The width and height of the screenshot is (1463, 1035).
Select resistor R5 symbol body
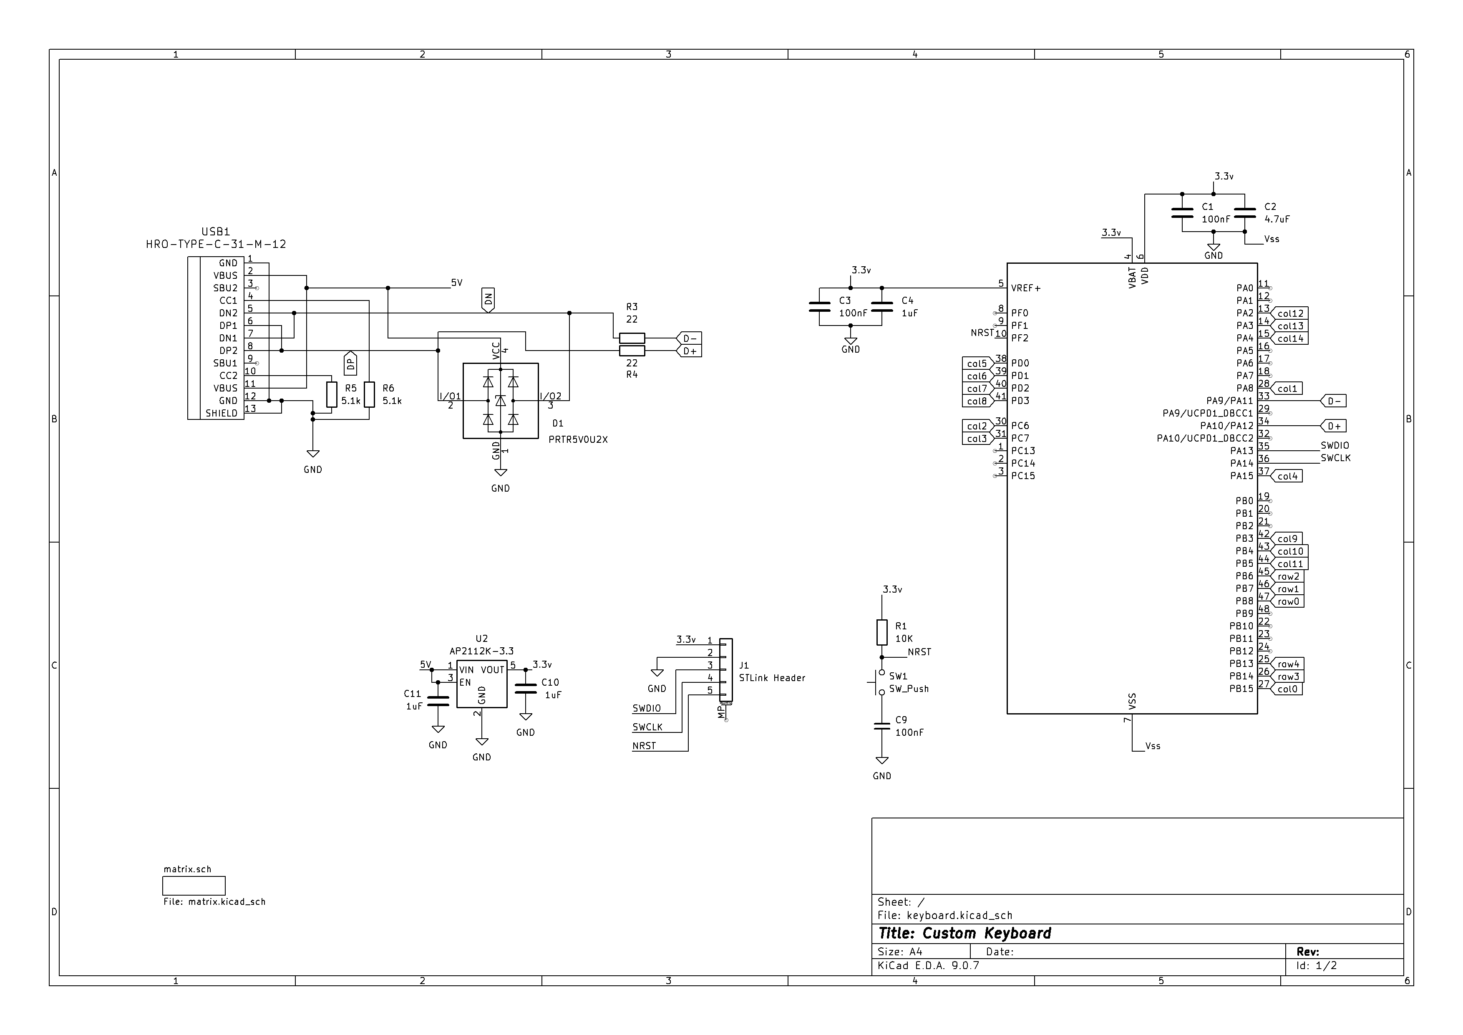(331, 394)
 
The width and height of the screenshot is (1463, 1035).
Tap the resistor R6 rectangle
(369, 394)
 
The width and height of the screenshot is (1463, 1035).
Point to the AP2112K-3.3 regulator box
(482, 684)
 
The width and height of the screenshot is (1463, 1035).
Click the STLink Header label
(772, 678)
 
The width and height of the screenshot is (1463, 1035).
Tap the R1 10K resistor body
(882, 632)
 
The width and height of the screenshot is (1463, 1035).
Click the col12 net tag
(1290, 313)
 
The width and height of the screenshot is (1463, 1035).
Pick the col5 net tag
(977, 363)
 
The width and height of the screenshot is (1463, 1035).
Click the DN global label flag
(488, 300)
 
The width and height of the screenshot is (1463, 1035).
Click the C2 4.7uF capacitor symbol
(1244, 213)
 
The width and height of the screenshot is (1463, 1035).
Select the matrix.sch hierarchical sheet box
(194, 886)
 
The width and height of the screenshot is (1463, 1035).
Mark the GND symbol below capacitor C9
(882, 761)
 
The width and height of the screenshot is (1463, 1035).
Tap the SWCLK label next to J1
(647, 727)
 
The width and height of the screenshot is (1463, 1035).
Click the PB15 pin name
(1241, 689)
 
